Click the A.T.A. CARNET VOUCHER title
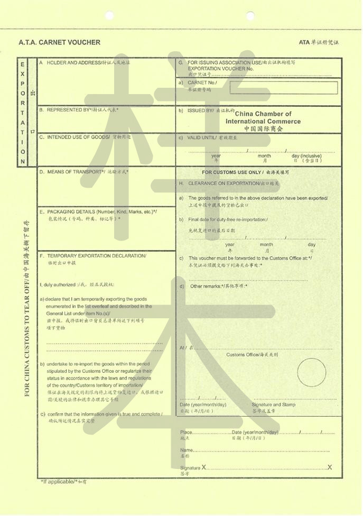pos(59,42)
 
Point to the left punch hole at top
pos(109,15)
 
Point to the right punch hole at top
pos(250,15)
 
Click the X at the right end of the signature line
pos(330,467)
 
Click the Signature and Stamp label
pos(273,405)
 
